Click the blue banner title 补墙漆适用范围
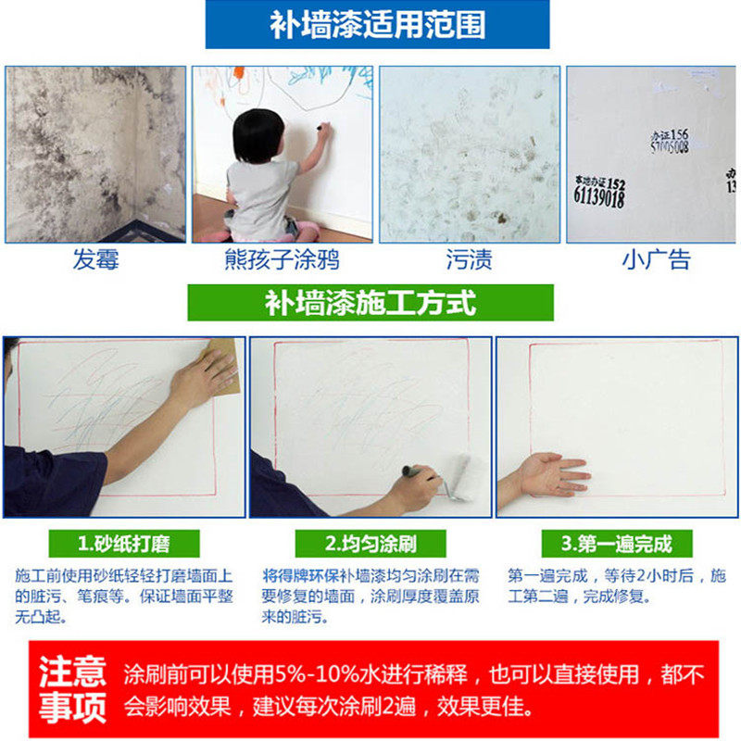pos(378,25)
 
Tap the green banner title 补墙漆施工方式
pos(370,303)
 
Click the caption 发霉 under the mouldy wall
pos(96,259)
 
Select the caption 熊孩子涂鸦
pos(283,259)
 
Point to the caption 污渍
pos(470,259)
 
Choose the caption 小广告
pos(657,259)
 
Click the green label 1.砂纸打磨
pos(124,544)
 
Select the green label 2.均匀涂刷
pos(370,544)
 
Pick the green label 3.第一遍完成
pos(617,544)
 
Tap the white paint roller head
pos(459,477)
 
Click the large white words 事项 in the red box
pos(72,708)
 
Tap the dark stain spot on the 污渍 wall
pos(500,218)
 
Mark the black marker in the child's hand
pos(321,127)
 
